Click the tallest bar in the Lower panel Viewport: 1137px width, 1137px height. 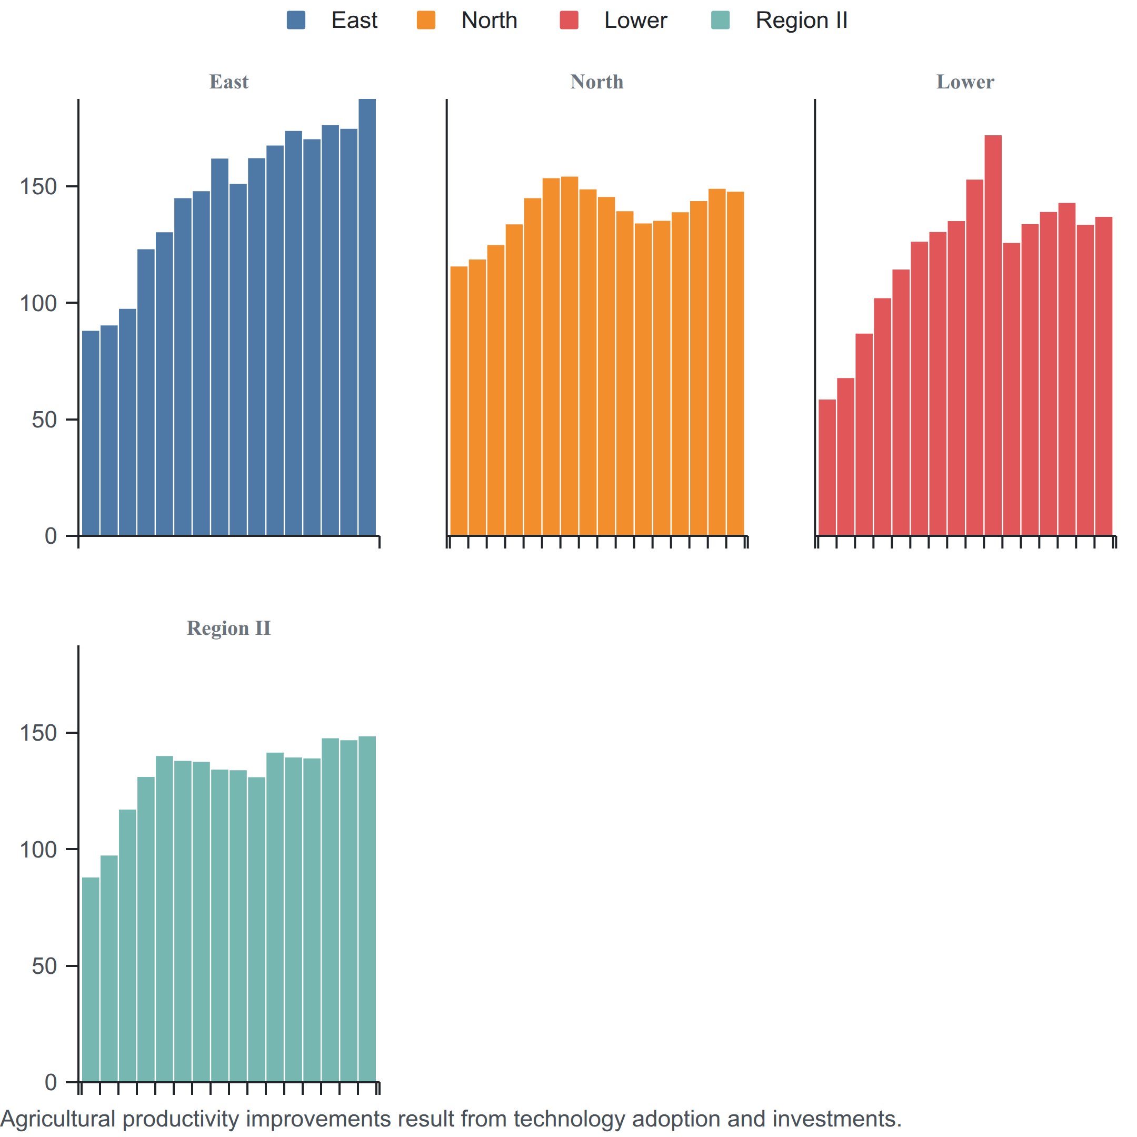click(x=993, y=335)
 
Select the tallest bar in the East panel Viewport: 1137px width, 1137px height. click(x=367, y=317)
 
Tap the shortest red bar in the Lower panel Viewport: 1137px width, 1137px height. click(x=827, y=467)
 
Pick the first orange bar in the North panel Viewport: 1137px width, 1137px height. click(x=459, y=401)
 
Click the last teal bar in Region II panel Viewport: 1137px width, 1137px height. click(x=367, y=909)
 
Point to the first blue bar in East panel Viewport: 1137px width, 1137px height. click(x=91, y=433)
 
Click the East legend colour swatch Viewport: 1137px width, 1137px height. click(x=296, y=20)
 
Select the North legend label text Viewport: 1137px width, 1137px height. click(x=489, y=20)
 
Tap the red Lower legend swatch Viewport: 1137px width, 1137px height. click(x=569, y=20)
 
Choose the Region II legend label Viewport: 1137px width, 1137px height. click(x=802, y=20)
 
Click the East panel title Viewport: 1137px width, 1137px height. click(x=229, y=82)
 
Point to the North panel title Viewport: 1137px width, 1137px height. click(x=597, y=82)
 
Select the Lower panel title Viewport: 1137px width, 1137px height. click(x=965, y=82)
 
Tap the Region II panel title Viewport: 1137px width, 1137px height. click(x=229, y=628)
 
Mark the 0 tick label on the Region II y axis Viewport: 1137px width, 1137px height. click(x=51, y=1082)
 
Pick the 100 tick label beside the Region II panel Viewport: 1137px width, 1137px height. click(x=39, y=849)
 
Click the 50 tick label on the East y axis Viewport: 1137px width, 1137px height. click(x=45, y=420)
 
